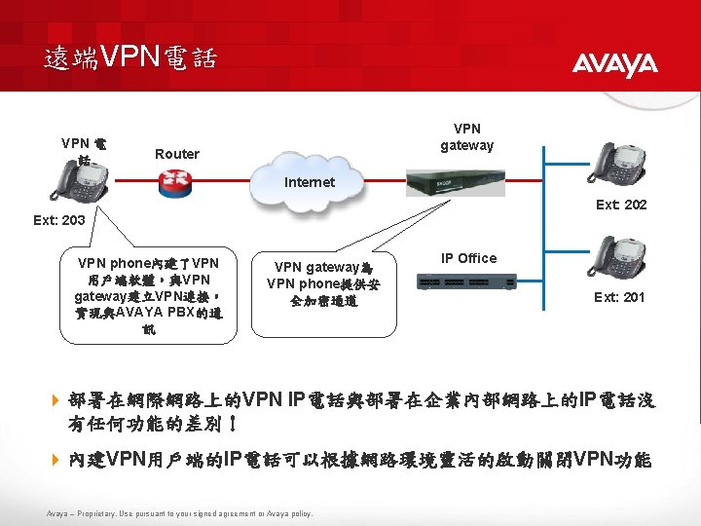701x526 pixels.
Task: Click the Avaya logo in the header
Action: click(614, 64)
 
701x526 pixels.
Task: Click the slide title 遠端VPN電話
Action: click(129, 57)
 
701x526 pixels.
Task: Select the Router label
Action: click(177, 154)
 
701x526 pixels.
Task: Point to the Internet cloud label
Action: click(310, 182)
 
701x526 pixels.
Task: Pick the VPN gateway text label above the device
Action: click(467, 136)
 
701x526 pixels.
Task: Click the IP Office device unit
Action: click(468, 282)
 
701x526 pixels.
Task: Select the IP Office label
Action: click(468, 258)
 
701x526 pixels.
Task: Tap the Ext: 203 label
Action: click(58, 220)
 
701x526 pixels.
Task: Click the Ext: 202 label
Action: click(620, 205)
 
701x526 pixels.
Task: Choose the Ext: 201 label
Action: click(619, 297)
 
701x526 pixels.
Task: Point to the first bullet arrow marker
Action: click(55, 400)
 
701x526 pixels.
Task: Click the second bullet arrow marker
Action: click(55, 459)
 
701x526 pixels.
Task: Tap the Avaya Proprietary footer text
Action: click(179, 513)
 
